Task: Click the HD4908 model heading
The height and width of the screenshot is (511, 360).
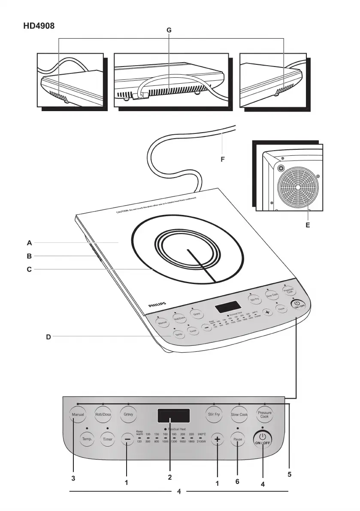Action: point(39,25)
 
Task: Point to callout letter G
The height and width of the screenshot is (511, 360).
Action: point(169,30)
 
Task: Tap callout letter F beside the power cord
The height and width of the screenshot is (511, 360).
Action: point(223,159)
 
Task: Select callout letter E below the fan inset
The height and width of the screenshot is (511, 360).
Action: point(308,224)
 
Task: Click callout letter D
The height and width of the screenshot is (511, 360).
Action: point(48,337)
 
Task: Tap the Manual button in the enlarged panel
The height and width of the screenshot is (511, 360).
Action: point(78,415)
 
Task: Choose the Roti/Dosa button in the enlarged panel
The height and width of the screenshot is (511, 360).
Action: point(103,415)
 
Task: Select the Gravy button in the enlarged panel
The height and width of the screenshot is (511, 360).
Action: point(128,415)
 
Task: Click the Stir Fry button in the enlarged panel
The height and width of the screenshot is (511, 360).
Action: point(214,415)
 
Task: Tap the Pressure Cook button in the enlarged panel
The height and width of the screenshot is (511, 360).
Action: point(265,415)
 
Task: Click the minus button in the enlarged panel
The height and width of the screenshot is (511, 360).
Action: point(127,439)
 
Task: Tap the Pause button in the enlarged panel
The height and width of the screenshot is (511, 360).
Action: point(238,439)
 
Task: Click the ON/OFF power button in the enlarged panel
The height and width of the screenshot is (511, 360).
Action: point(263,439)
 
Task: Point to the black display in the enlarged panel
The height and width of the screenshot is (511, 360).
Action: point(173,416)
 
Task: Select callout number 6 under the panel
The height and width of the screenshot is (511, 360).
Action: point(237,481)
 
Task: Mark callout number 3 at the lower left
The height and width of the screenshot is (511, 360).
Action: point(74,477)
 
